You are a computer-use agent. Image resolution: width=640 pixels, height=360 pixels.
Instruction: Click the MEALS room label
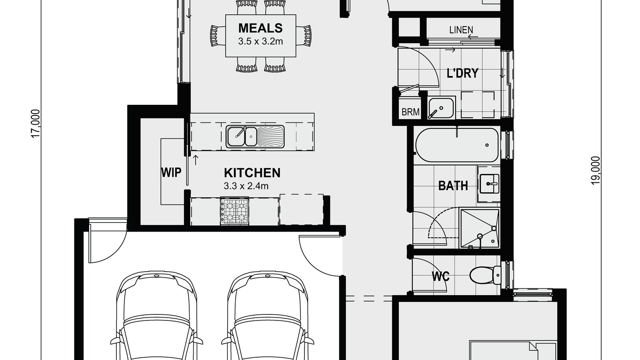[x=260, y=28]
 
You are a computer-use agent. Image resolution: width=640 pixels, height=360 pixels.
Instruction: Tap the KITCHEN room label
[x=252, y=173]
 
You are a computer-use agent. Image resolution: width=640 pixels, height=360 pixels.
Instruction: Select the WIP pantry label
[x=171, y=172]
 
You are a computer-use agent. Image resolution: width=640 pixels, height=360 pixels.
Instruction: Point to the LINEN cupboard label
[x=461, y=30]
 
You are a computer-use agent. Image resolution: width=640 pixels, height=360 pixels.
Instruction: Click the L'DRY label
[x=462, y=73]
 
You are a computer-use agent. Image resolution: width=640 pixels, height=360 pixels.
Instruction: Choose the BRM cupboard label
[x=410, y=112]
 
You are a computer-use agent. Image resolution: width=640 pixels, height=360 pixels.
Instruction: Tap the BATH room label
[x=453, y=186]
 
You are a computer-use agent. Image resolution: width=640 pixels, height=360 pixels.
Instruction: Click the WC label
[x=440, y=276]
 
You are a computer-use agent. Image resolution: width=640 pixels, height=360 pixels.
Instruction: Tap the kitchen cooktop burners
[x=234, y=210]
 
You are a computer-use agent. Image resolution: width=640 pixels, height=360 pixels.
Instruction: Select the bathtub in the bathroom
[x=457, y=145]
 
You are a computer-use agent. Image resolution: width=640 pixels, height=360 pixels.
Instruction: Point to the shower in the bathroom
[x=480, y=228]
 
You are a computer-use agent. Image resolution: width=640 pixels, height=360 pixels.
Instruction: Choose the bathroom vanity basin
[x=488, y=184]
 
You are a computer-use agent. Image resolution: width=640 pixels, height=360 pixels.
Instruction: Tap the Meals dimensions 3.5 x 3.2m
[x=260, y=41]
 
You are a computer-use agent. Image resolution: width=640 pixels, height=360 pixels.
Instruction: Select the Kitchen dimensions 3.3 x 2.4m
[x=246, y=186]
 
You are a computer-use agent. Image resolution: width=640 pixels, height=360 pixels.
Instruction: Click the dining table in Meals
[x=261, y=36]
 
